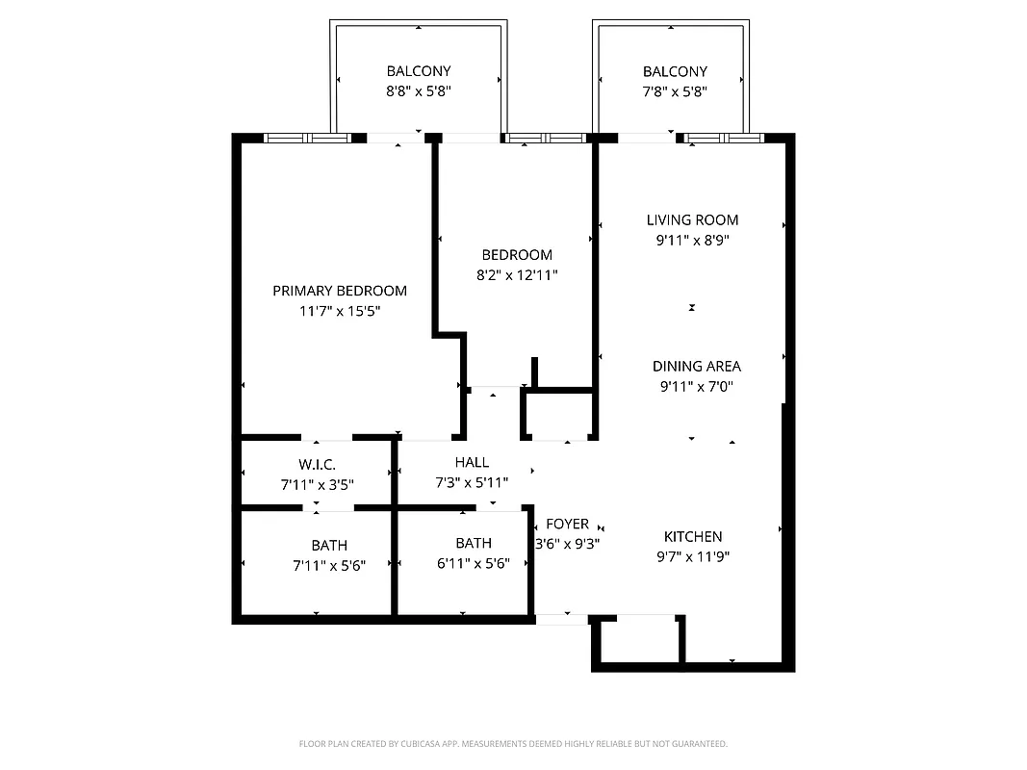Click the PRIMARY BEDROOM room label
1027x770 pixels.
(x=339, y=291)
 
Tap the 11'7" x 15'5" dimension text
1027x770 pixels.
(x=339, y=311)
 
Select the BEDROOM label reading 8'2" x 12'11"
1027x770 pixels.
(x=517, y=255)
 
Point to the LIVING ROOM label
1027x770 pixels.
(x=692, y=220)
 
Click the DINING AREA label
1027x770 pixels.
(x=696, y=366)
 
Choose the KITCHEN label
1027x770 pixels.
(x=692, y=536)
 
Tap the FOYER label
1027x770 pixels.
(x=567, y=524)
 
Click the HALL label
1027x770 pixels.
(x=472, y=462)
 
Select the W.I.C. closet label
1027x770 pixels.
(x=317, y=465)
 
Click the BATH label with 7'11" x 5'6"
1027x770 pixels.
(x=329, y=546)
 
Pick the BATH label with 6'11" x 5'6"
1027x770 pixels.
(x=474, y=543)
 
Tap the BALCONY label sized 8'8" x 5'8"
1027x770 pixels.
(x=418, y=71)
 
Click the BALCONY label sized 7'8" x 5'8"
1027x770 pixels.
(x=675, y=71)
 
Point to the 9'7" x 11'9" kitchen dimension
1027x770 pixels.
(x=692, y=555)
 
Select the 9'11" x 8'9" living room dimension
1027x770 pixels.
(x=692, y=241)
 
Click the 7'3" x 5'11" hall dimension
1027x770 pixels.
(x=472, y=482)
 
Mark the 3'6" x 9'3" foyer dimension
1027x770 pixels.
(x=568, y=543)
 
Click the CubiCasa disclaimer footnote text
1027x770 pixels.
(x=513, y=744)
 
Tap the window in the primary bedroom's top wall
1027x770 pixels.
(x=306, y=138)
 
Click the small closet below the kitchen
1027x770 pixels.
(x=641, y=640)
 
